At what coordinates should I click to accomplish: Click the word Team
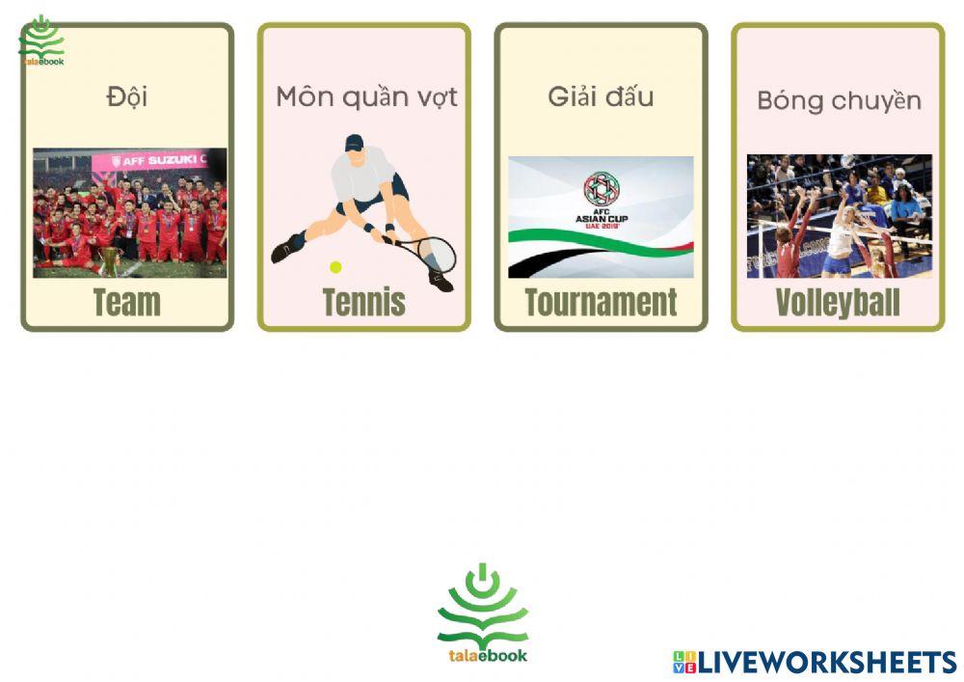126,303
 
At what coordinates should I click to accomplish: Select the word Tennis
364,303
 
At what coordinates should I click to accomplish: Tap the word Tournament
601,303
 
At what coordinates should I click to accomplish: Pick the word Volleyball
838,303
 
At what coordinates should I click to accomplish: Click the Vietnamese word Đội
126,95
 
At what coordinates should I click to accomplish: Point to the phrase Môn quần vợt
366,97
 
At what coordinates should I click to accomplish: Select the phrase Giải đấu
601,95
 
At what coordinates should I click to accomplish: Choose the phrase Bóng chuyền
840,101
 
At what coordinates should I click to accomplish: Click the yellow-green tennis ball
335,267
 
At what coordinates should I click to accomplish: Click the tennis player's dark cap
354,143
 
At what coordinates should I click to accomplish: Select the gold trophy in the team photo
109,260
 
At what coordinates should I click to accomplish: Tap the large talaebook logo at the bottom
483,614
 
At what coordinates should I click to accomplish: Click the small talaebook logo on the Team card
41,41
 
